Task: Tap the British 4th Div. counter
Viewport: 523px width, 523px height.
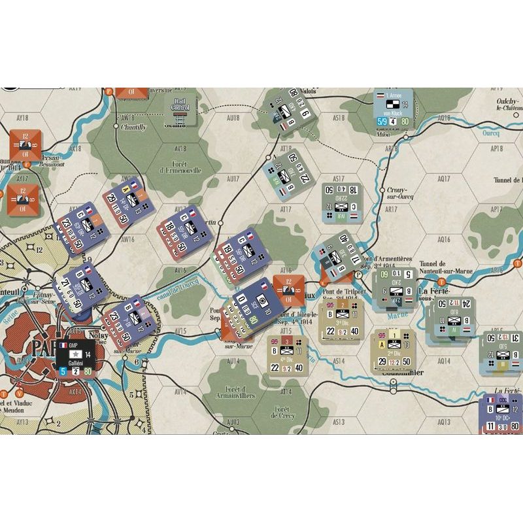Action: tap(288, 356)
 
